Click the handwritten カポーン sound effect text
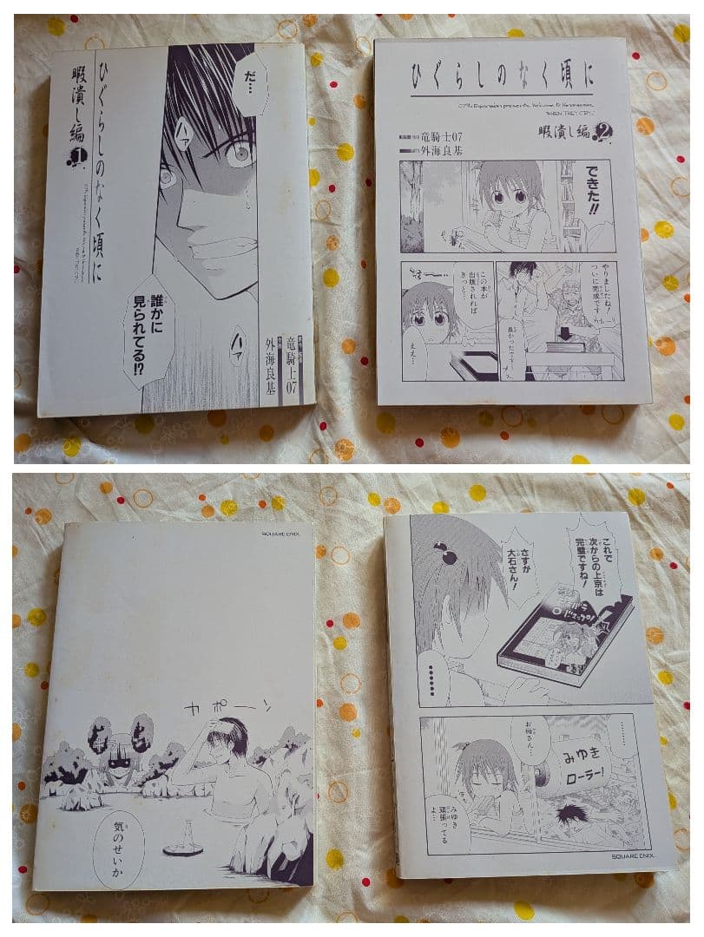click(x=228, y=707)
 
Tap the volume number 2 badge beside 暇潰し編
click(x=603, y=131)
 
